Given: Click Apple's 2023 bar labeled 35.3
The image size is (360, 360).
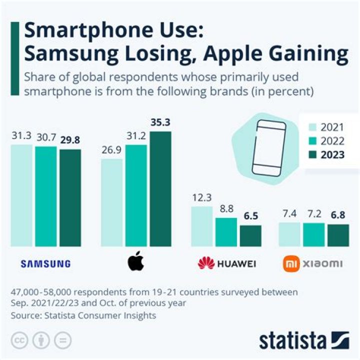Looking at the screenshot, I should [x=160, y=189].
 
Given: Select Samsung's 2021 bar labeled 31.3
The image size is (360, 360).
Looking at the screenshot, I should [x=22, y=195].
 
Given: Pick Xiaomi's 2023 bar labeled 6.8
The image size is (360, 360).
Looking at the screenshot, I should [x=338, y=235].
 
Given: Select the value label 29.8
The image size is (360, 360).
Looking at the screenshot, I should [x=70, y=140].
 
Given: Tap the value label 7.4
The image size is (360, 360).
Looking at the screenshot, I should [x=289, y=214].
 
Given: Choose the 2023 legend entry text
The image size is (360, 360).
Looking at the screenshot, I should [x=333, y=154].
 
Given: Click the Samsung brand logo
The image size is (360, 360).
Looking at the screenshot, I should [x=46, y=264].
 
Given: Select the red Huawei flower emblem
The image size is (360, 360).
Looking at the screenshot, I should [x=206, y=263].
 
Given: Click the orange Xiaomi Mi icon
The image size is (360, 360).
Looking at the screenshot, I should [x=291, y=263].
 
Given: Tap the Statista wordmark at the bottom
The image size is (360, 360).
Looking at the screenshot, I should [x=292, y=340].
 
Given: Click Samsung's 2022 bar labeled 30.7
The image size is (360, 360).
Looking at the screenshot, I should [x=46, y=196].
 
